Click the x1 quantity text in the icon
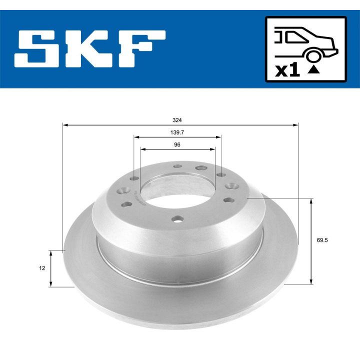click(x=287, y=70)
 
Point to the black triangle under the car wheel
click(x=313, y=69)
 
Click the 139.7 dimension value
click(x=177, y=133)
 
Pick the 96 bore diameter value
click(x=177, y=144)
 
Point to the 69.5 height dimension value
click(x=322, y=240)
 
